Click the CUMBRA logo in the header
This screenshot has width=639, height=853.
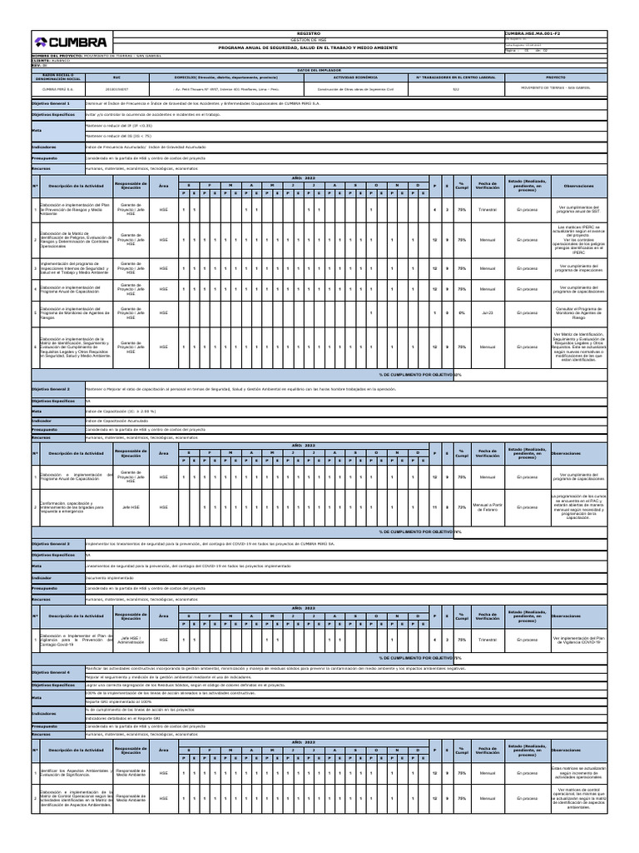pyautogui.click(x=70, y=42)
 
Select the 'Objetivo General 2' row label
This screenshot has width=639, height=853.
pyautogui.click(x=52, y=389)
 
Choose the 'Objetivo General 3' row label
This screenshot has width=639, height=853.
pyautogui.click(x=52, y=542)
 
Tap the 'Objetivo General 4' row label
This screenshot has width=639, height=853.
pyautogui.click(x=52, y=671)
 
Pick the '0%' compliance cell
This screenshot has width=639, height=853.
pyautogui.click(x=461, y=313)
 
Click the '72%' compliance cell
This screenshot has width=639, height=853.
pyautogui.click(x=461, y=506)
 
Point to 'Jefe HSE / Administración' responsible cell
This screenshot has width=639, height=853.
pyautogui.click(x=131, y=640)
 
